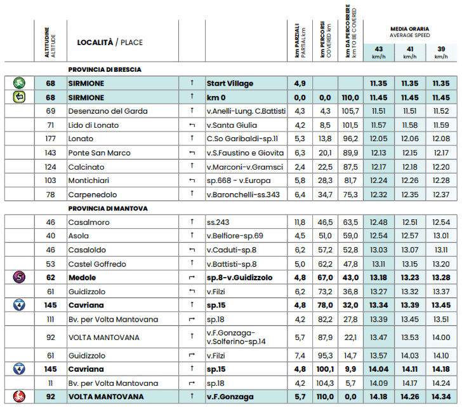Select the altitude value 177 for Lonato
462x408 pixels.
click(51, 139)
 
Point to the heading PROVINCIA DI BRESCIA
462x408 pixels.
click(104, 69)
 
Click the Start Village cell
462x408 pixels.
click(230, 83)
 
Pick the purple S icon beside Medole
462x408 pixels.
click(19, 277)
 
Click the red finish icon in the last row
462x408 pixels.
click(19, 397)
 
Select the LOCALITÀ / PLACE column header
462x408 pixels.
click(109, 43)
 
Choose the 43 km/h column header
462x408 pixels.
click(379, 52)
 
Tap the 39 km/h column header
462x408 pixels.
click(440, 52)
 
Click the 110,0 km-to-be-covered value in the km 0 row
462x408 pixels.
click(350, 97)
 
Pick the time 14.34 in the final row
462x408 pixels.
click(440, 397)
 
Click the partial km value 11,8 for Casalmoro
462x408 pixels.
click(300, 222)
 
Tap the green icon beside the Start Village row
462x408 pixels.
click(19, 83)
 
